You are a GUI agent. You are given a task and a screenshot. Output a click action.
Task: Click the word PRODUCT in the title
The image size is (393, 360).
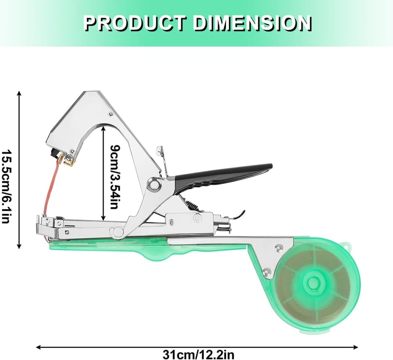tap(135, 23)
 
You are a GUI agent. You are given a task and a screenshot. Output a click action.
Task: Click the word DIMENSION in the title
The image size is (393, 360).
tap(253, 23)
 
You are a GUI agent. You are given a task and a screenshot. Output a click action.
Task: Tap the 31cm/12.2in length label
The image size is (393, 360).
tap(198, 355)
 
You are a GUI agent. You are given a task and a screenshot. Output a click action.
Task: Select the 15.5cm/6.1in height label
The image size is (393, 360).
tap(6, 186)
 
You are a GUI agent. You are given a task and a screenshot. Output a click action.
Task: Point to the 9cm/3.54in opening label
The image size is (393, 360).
tap(115, 177)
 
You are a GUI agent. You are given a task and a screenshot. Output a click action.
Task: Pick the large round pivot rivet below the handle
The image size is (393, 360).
tap(155, 185)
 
